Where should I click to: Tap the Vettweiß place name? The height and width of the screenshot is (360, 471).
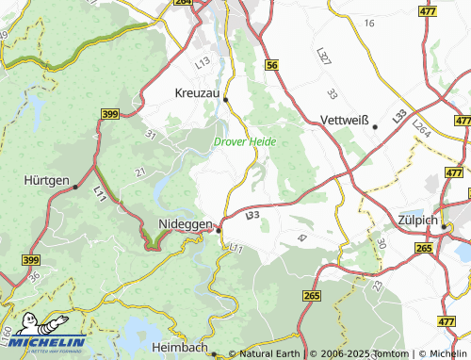[344, 122]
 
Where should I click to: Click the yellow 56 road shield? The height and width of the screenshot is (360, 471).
[272, 64]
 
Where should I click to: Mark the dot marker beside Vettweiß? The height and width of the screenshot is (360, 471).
[375, 126]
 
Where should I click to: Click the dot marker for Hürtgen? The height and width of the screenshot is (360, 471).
[75, 188]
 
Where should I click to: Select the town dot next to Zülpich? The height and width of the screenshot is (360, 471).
[444, 225]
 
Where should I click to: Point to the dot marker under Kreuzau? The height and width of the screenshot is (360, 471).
[225, 98]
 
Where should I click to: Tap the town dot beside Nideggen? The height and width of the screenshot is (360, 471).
[219, 229]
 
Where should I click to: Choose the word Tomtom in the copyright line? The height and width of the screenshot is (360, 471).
[388, 353]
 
